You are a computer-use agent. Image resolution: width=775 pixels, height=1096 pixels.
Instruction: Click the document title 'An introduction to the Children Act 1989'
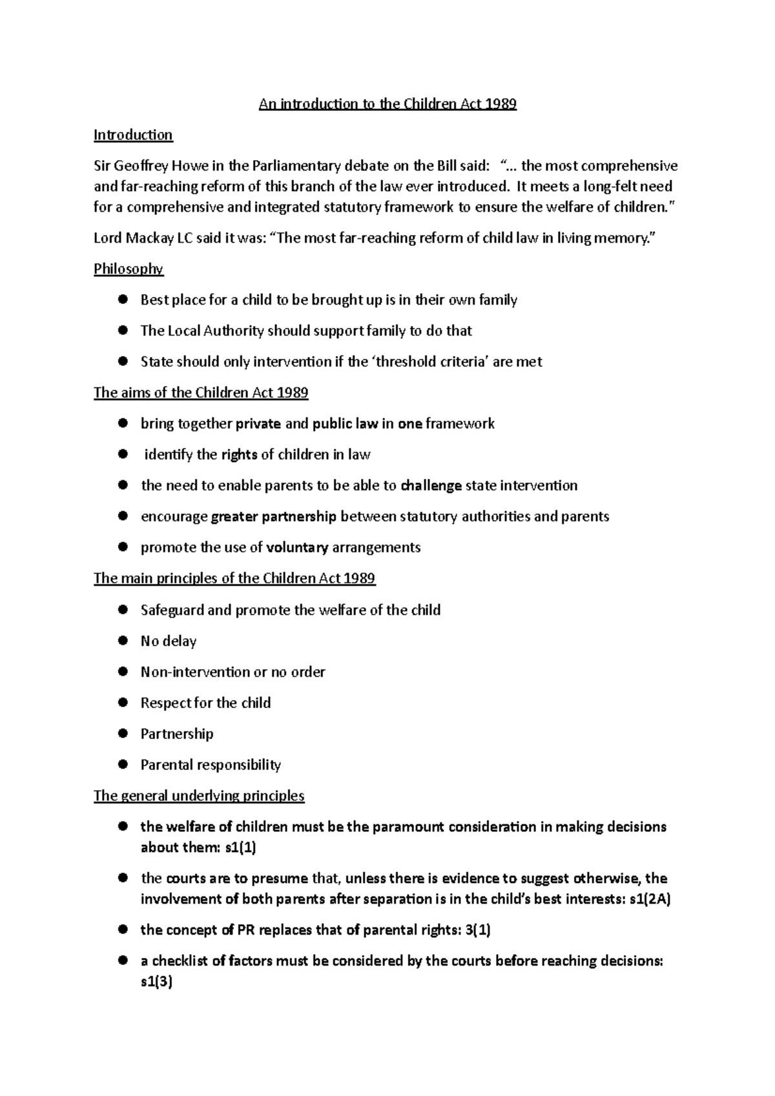click(387, 104)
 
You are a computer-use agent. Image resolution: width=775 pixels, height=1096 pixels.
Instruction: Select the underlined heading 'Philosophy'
click(129, 269)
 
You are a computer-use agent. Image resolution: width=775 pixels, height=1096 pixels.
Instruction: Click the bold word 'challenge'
click(431, 485)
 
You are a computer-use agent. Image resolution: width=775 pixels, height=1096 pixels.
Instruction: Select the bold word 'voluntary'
click(297, 547)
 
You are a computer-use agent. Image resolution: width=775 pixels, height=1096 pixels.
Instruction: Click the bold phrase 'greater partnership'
click(273, 516)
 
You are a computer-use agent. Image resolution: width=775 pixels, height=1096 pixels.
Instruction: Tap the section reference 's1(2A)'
click(649, 899)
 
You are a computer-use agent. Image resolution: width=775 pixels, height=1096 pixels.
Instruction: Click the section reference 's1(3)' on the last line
click(156, 982)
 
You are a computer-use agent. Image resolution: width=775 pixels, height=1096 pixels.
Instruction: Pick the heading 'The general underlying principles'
click(199, 796)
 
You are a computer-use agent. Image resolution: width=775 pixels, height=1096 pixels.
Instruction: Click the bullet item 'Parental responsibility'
click(211, 765)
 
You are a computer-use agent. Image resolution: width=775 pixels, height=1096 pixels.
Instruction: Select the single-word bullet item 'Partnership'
click(177, 734)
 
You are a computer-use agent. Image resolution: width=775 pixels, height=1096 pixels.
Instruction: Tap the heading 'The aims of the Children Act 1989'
click(201, 393)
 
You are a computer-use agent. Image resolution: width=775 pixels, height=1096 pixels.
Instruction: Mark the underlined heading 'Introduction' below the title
click(133, 135)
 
